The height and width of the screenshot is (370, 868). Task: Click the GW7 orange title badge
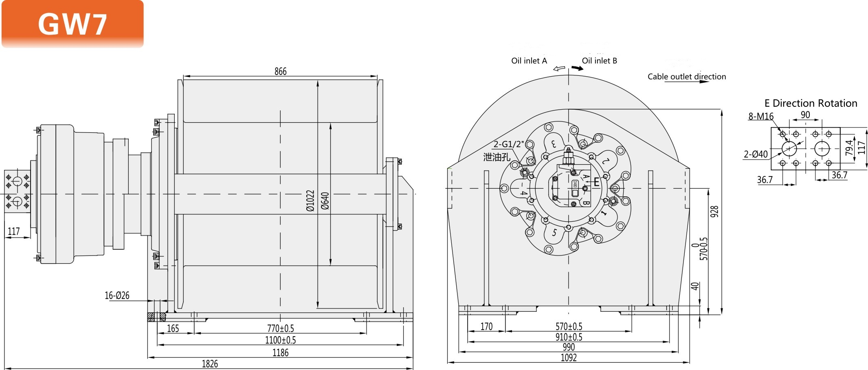tap(73, 24)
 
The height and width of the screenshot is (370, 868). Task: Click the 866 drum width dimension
tap(280, 71)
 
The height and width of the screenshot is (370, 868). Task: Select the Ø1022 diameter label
tap(310, 200)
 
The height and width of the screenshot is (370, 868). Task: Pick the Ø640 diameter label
tap(325, 200)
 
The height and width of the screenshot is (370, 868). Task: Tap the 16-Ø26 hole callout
tap(117, 295)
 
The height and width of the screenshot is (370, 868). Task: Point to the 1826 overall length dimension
tap(210, 363)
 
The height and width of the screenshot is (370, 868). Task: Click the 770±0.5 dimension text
tap(280, 328)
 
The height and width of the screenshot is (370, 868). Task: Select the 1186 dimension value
tap(280, 352)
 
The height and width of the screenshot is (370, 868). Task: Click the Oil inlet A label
tap(529, 61)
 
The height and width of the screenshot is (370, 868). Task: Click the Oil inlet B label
tap(599, 61)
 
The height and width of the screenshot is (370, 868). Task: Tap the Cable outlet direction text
tap(686, 77)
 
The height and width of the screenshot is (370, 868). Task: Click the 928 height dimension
tap(714, 211)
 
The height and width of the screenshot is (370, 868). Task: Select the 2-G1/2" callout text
tap(508, 144)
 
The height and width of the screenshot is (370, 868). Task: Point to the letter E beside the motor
tap(596, 182)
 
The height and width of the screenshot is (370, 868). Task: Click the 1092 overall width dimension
tap(569, 357)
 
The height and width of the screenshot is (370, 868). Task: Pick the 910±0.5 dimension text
tap(569, 337)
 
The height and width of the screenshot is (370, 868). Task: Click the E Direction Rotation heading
tap(811, 103)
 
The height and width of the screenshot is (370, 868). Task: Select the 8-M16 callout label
tap(760, 116)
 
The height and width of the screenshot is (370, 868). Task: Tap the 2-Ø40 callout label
tap(756, 154)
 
